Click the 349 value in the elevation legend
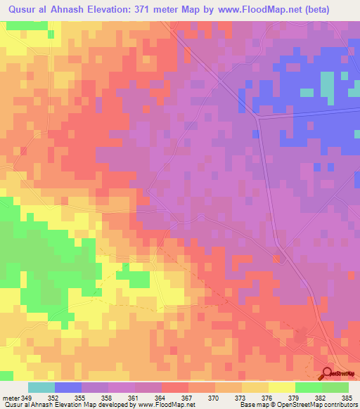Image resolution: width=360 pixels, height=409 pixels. tap(27, 397)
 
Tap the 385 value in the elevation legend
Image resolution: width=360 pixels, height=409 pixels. tap(348, 397)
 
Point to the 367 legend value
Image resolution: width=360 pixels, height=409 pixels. tap(188, 397)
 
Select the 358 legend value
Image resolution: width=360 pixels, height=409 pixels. tap(108, 397)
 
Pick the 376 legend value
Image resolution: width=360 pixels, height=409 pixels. tap(269, 397)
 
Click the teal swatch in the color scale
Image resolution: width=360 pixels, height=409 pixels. tap(41, 387)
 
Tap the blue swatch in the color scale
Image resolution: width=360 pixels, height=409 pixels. tap(68, 387)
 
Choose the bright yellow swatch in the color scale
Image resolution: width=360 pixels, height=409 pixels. tap(282, 387)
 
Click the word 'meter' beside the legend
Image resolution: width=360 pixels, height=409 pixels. tap(11, 397)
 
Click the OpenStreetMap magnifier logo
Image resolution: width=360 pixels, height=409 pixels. tap(327, 373)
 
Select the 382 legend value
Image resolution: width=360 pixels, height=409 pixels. tap(321, 397)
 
